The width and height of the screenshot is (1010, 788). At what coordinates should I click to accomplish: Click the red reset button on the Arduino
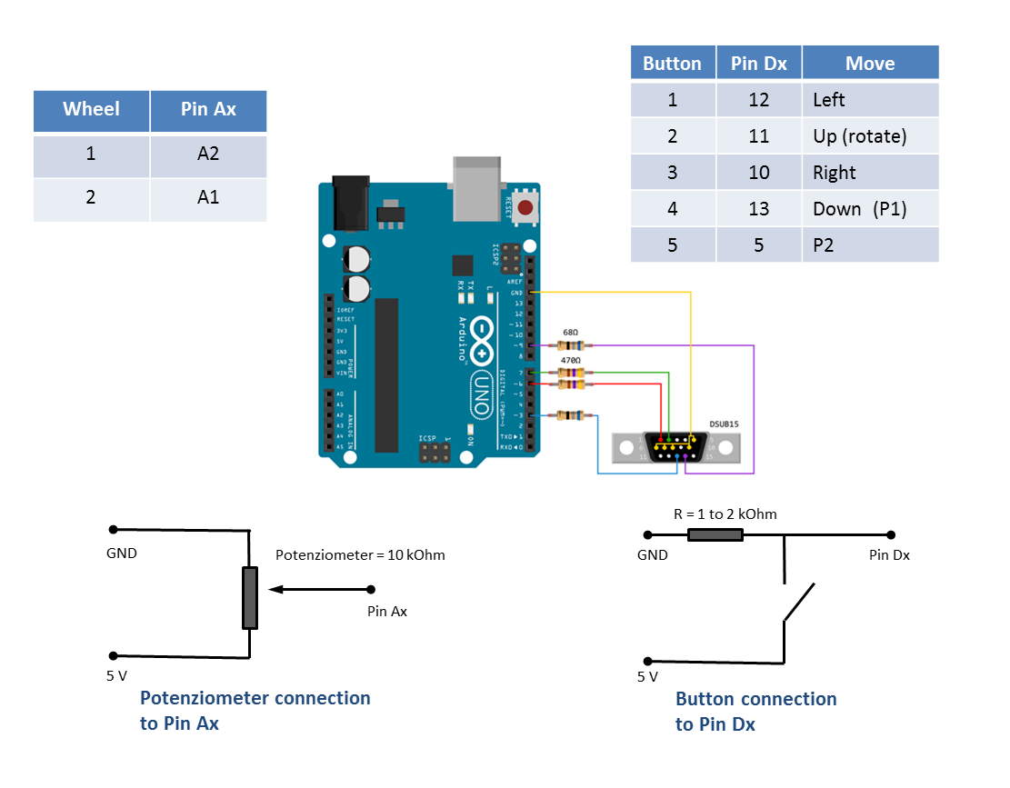[x=525, y=208]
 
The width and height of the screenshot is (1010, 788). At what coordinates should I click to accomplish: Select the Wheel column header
[x=91, y=109]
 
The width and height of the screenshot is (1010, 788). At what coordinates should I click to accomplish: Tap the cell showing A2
[x=208, y=155]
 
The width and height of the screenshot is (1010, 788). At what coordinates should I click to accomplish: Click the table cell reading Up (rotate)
[x=859, y=136]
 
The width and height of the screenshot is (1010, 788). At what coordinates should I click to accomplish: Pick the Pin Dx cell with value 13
[x=758, y=209]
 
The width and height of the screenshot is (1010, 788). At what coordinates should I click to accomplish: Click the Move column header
[x=869, y=64]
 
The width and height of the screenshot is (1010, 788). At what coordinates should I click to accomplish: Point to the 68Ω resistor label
[x=571, y=333]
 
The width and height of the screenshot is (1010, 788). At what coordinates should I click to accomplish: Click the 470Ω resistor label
[x=571, y=361]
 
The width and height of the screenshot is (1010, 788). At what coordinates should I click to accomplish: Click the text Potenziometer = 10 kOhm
[x=360, y=554]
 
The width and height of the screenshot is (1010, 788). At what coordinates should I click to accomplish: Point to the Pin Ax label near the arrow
[x=386, y=612]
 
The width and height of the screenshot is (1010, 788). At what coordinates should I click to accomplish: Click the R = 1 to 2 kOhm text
[x=725, y=514]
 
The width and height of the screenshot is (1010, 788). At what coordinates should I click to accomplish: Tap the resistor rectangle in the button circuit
[x=715, y=535]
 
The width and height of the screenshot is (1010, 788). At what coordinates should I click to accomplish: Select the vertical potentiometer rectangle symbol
[x=250, y=597]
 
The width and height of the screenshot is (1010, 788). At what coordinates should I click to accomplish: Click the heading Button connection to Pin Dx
[x=755, y=711]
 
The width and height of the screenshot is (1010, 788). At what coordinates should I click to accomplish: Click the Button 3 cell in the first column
[x=672, y=173]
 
